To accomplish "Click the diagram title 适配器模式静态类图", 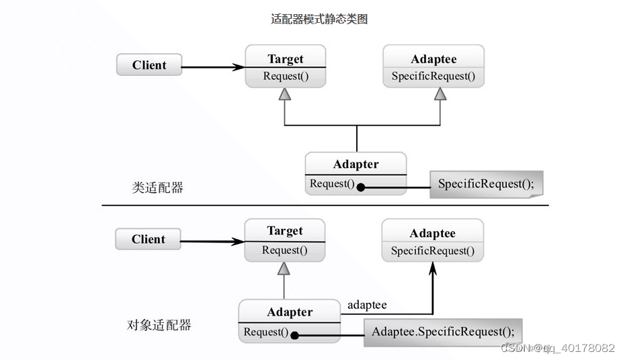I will [x=319, y=19].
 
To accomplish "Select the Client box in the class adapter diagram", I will [x=149, y=65].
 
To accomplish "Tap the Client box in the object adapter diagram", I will [x=148, y=239].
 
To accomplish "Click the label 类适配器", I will [x=157, y=187].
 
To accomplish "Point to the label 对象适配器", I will [x=159, y=325].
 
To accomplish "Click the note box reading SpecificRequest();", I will [x=486, y=184].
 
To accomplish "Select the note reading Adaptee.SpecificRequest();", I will [x=443, y=332].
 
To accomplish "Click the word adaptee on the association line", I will [x=367, y=305].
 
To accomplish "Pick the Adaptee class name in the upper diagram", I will [x=433, y=59].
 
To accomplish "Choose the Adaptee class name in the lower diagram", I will [x=432, y=233].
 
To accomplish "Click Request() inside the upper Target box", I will [x=286, y=76].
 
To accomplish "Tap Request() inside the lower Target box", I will [x=284, y=251].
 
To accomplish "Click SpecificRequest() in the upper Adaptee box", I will [x=433, y=77].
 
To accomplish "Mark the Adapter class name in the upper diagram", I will [x=356, y=165].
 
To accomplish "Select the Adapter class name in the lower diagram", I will [x=290, y=312].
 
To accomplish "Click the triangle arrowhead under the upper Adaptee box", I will [x=440, y=94].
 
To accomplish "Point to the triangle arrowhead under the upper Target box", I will [x=285, y=95].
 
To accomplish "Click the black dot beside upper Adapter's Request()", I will [x=360, y=187].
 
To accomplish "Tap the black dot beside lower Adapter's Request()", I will [x=294, y=335].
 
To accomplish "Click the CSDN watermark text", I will [x=558, y=348].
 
